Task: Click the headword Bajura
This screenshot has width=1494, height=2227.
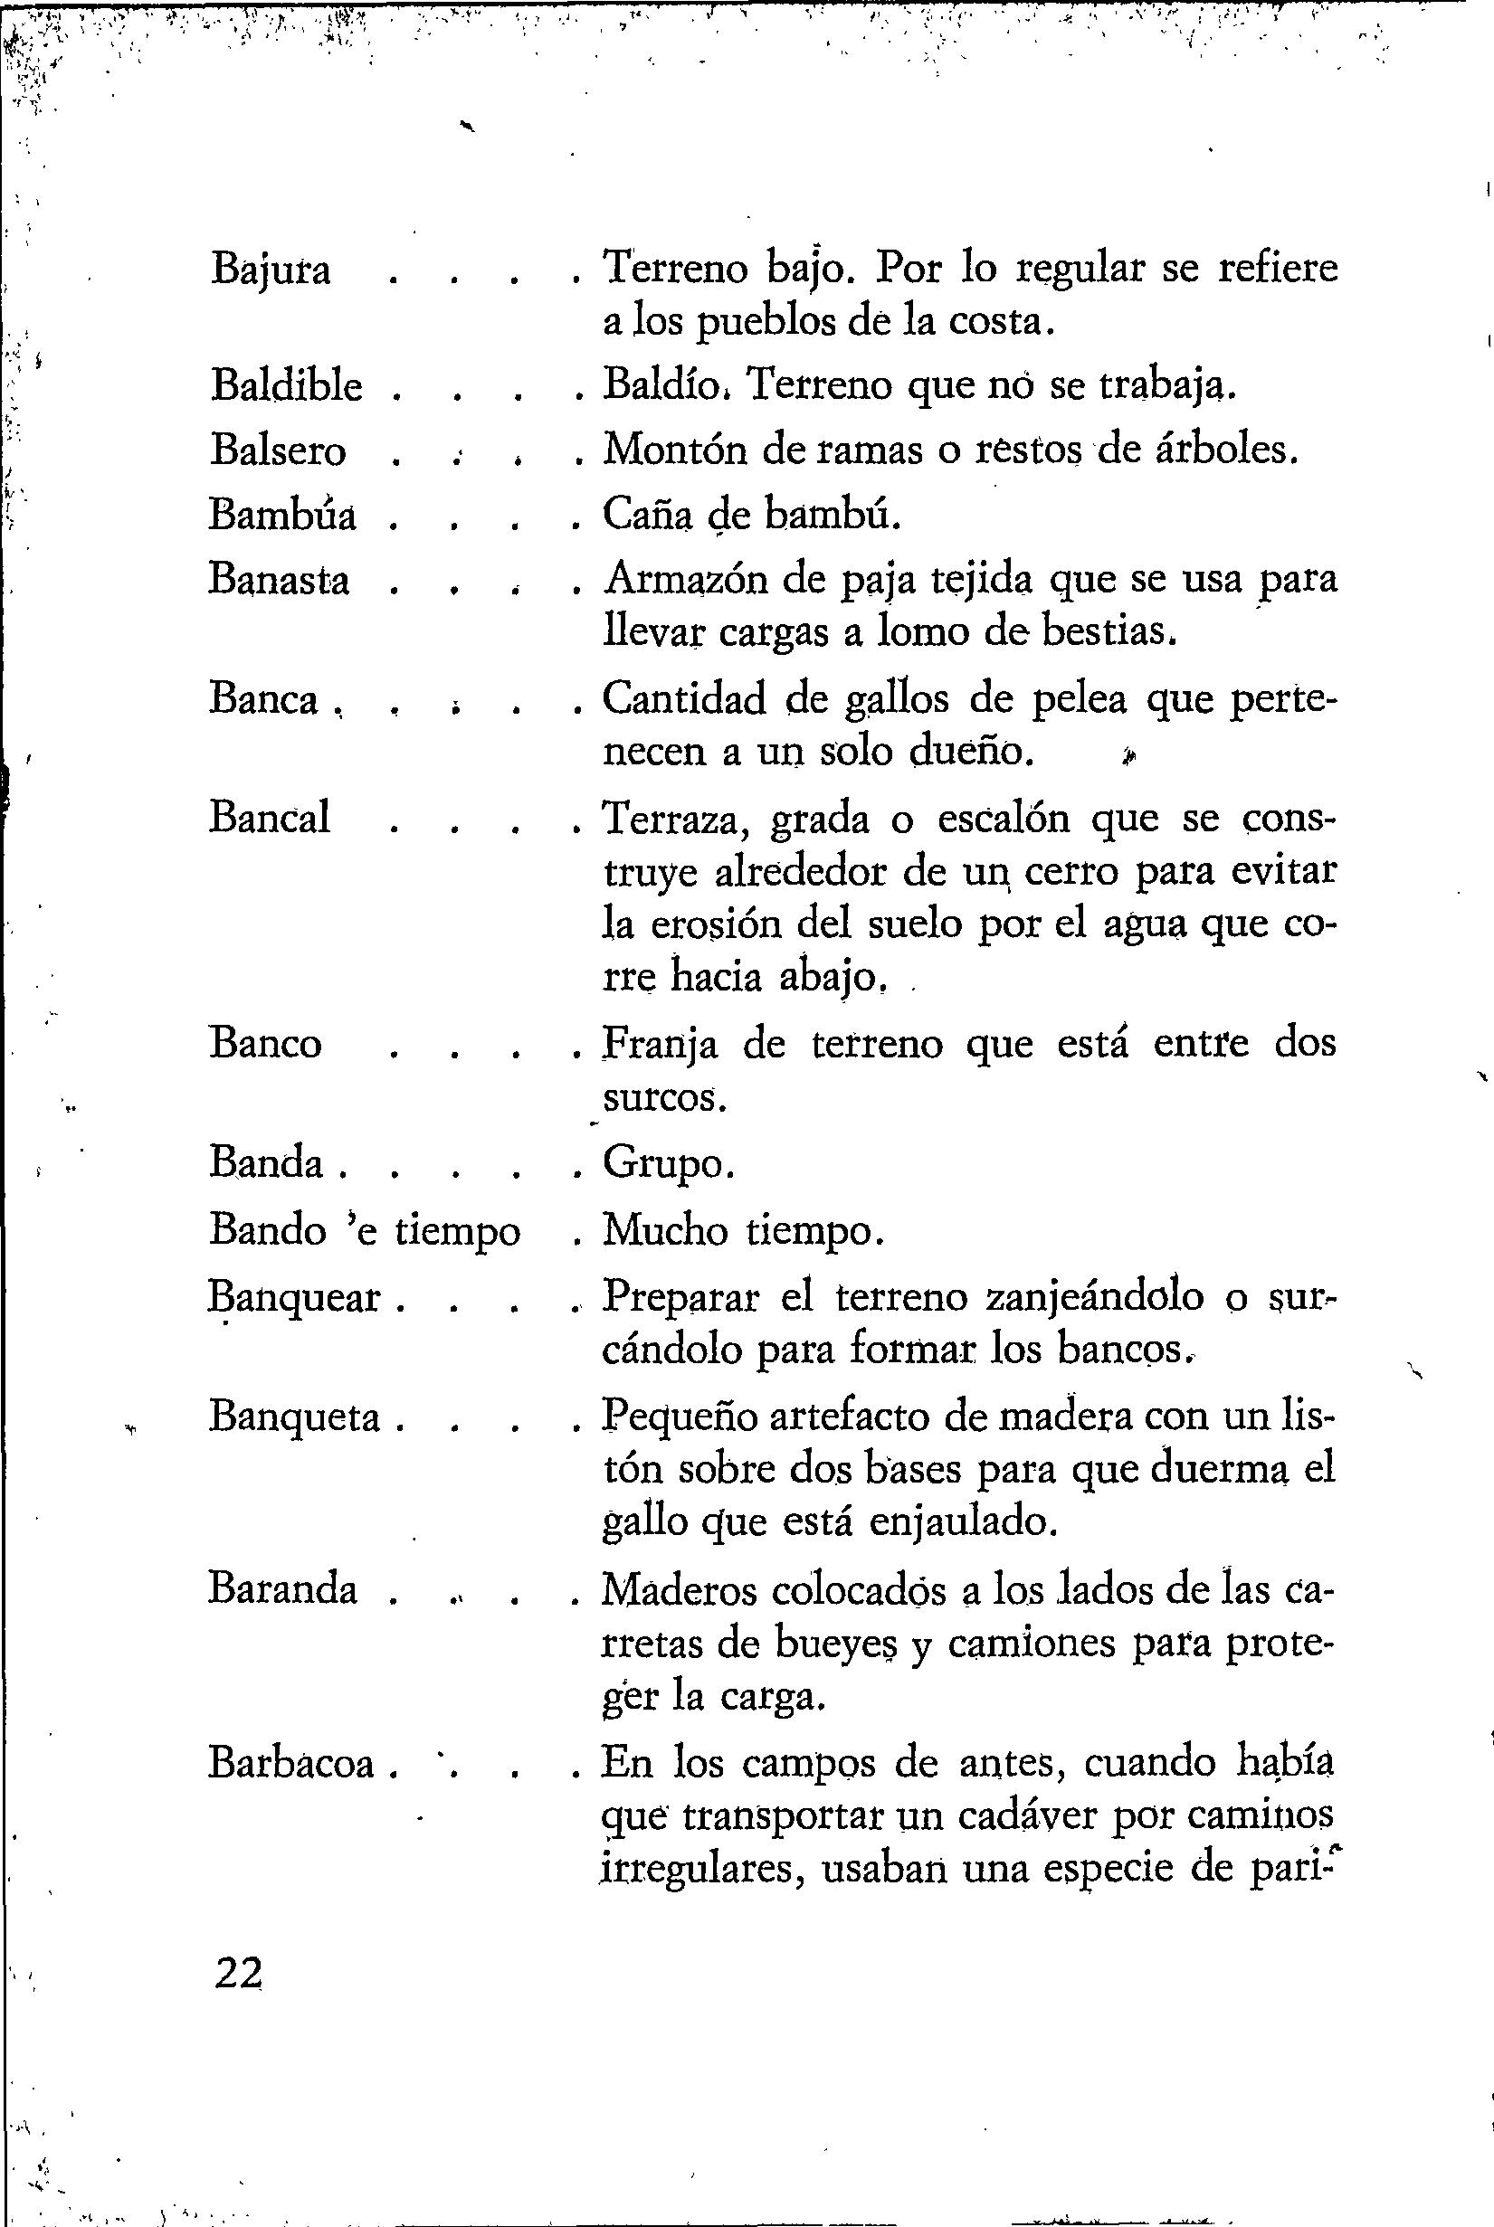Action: click(x=271, y=270)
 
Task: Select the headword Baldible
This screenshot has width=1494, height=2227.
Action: click(x=286, y=385)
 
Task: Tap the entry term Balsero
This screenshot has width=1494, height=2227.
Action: click(x=277, y=450)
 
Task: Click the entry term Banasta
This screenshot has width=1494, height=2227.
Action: click(x=280, y=579)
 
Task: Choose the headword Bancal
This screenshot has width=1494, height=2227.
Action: click(x=270, y=819)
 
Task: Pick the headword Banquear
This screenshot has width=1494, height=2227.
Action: click(x=294, y=1297)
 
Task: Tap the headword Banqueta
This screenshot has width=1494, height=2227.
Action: click(x=294, y=1417)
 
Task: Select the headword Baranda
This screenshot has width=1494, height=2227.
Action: click(x=283, y=1588)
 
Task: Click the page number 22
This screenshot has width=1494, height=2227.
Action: click(x=238, y=1974)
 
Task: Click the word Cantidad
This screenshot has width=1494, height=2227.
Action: click(x=684, y=700)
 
